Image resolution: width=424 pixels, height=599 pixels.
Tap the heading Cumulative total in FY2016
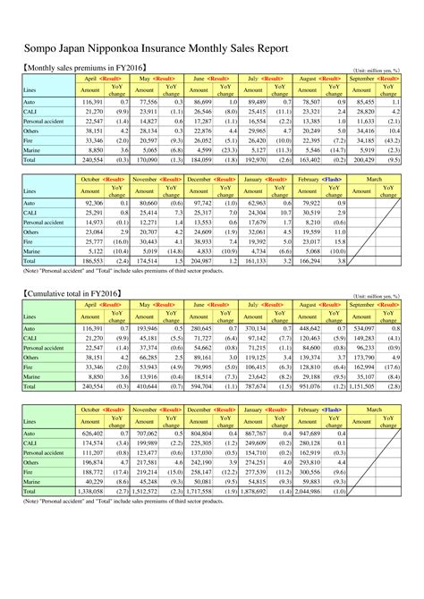(x=72, y=291)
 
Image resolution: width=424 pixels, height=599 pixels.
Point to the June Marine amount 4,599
(x=199, y=152)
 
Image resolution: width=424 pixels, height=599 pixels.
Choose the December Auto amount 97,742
(x=199, y=203)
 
